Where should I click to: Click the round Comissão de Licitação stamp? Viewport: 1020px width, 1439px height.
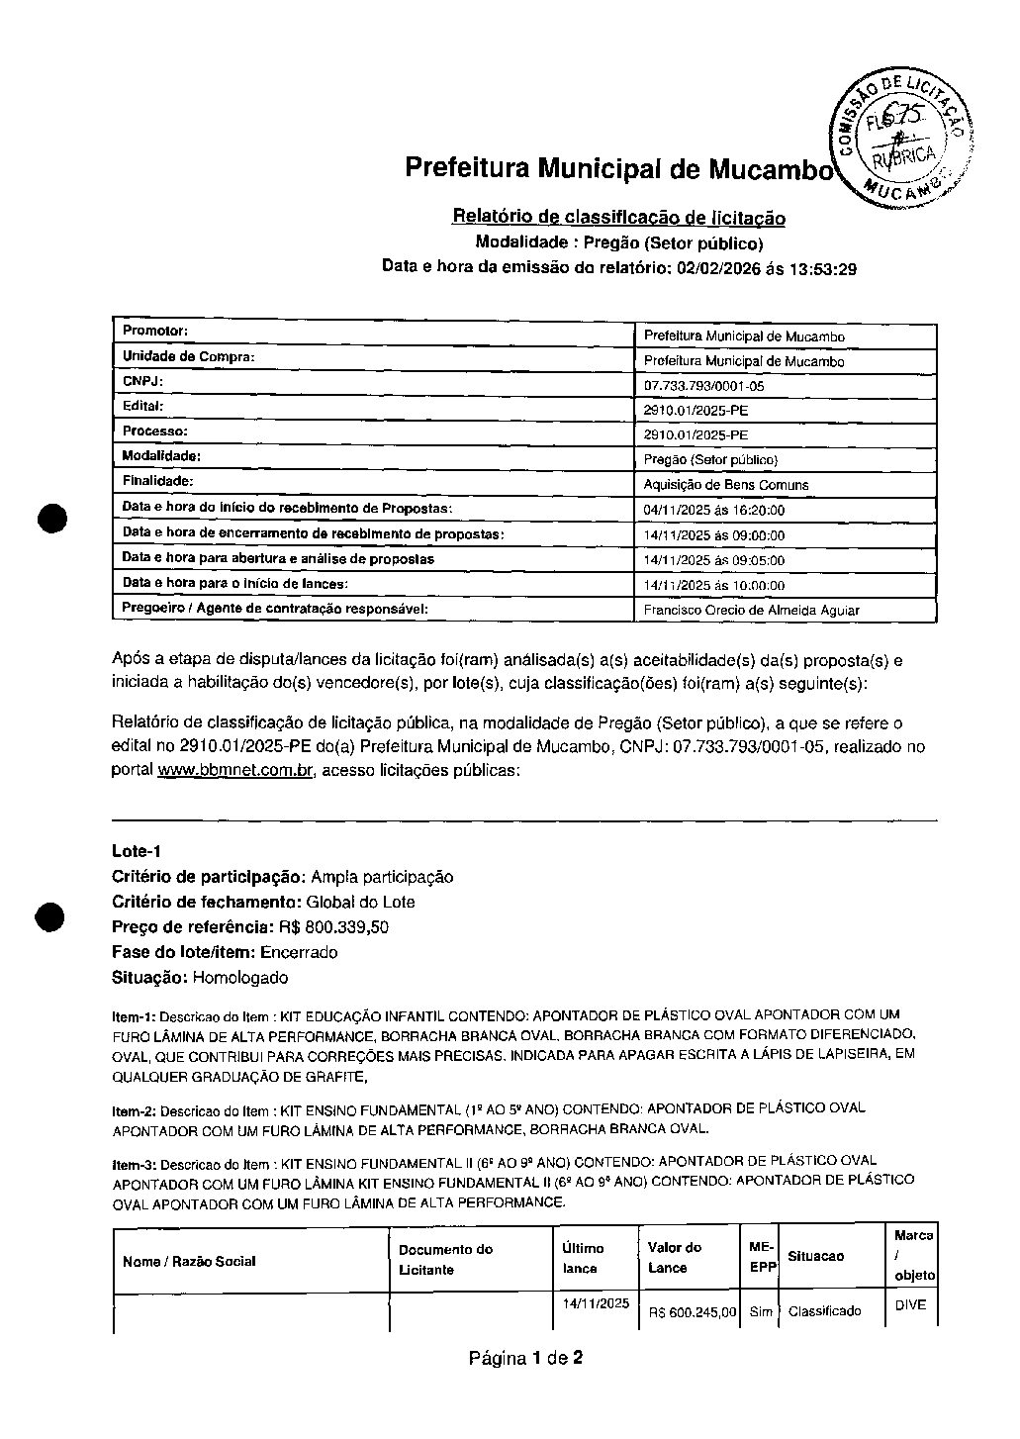coord(899,139)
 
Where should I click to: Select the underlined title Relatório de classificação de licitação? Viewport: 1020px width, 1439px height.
coord(618,217)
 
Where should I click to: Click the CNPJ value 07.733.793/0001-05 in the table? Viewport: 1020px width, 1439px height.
coord(703,387)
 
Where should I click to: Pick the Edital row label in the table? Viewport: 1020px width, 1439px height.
coord(143,406)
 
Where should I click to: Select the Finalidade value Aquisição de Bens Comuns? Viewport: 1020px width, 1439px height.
coord(726,485)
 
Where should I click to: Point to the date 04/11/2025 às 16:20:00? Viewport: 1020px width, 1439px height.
coord(713,511)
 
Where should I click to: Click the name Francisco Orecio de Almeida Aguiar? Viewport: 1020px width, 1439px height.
coord(751,611)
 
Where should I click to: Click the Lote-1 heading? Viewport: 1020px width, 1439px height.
coord(137,851)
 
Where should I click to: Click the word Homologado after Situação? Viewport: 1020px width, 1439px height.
coord(240,978)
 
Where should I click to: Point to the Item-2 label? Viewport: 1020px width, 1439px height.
coord(134,1111)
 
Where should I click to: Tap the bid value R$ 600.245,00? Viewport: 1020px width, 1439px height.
coord(693,1313)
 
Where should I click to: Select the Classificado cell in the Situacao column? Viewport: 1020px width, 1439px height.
coord(824,1312)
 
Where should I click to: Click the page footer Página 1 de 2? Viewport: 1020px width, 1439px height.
coord(525,1358)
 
